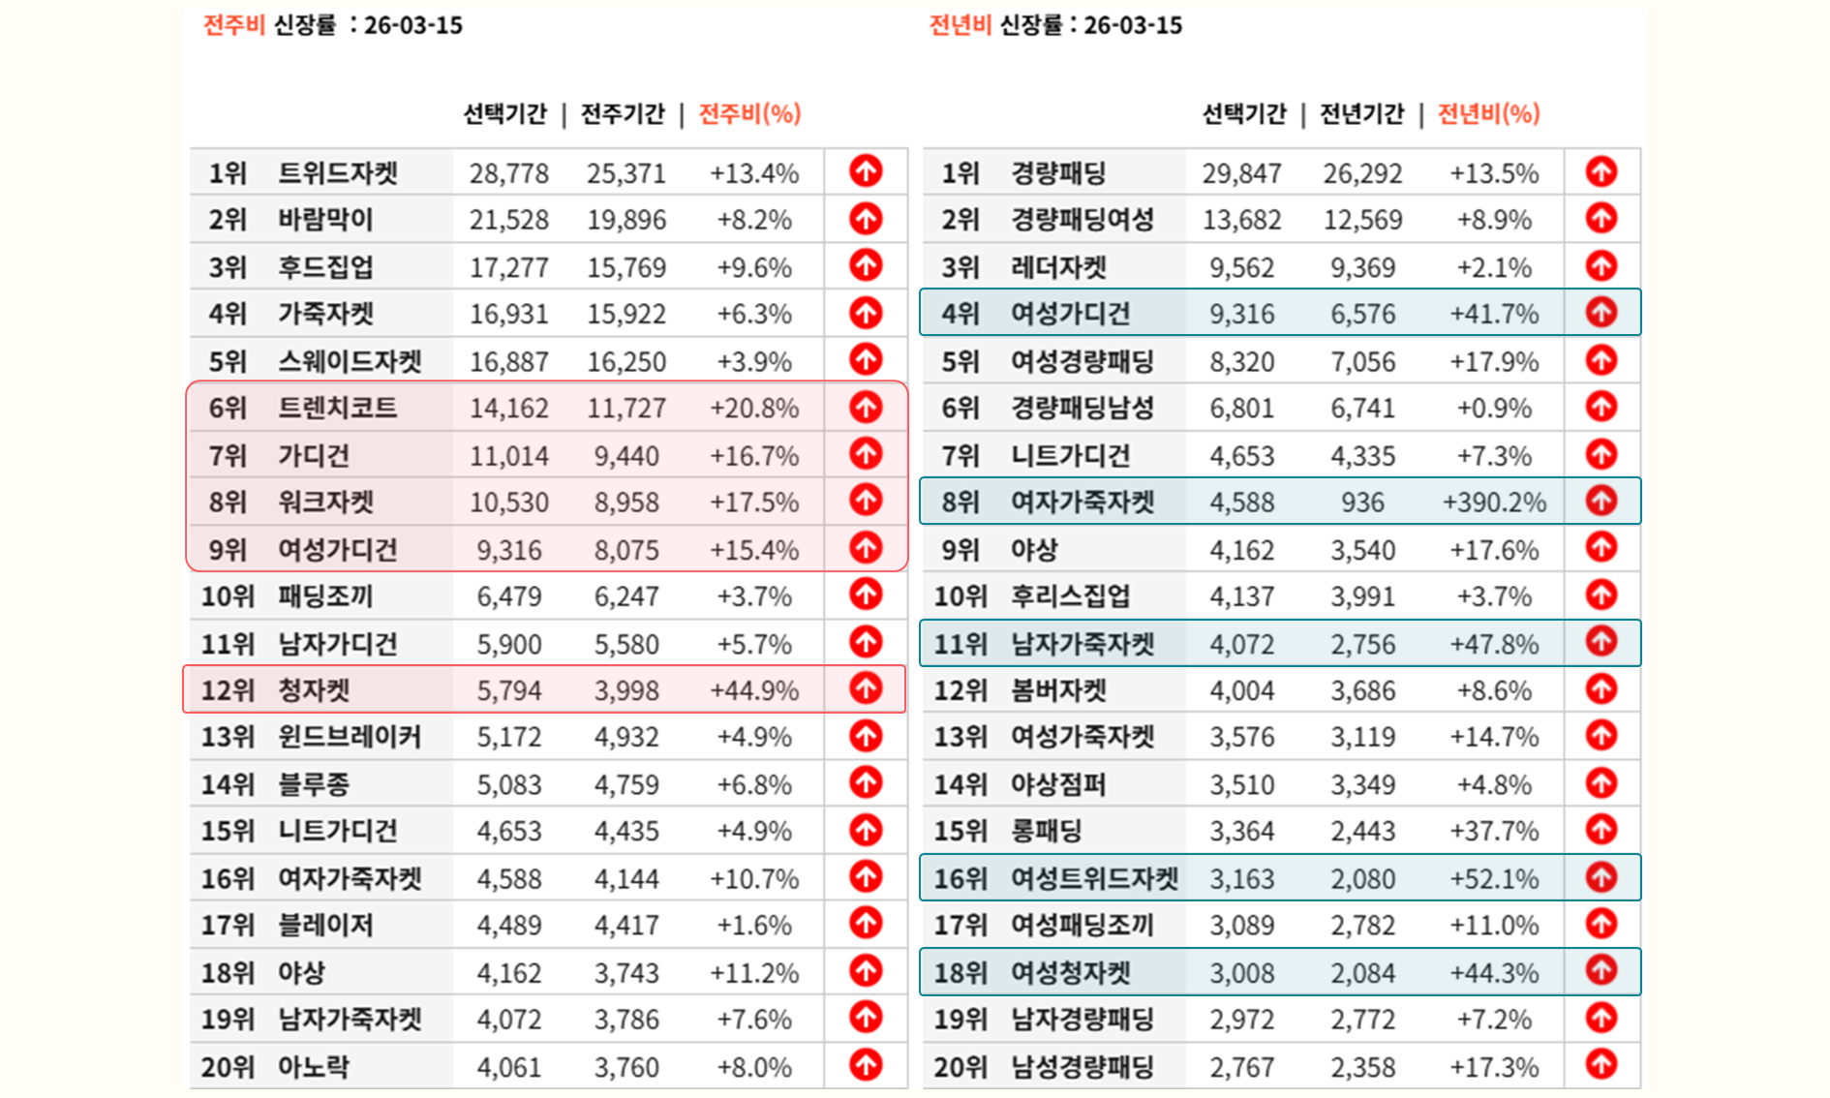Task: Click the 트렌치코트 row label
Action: tap(337, 408)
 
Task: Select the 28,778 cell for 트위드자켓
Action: tap(508, 173)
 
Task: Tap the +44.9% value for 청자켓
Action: tap(754, 690)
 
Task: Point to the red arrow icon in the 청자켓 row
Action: tap(866, 688)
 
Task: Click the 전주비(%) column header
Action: tap(749, 113)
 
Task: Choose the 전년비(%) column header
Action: tap(1488, 113)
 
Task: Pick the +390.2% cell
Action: tap(1494, 502)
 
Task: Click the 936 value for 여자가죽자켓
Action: tap(1361, 502)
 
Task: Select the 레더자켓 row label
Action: tap(1058, 267)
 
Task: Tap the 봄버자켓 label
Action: tap(1058, 690)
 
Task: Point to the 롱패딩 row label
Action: tap(1046, 831)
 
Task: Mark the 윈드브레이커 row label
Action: tap(350, 737)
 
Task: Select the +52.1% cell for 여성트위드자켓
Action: tap(1494, 878)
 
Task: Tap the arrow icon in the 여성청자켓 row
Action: tap(1601, 970)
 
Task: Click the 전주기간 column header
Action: tap(623, 113)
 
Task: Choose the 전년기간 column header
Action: tap(1361, 113)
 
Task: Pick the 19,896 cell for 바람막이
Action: tap(626, 220)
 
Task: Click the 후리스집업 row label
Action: tap(1070, 596)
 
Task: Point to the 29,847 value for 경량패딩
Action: tap(1241, 173)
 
